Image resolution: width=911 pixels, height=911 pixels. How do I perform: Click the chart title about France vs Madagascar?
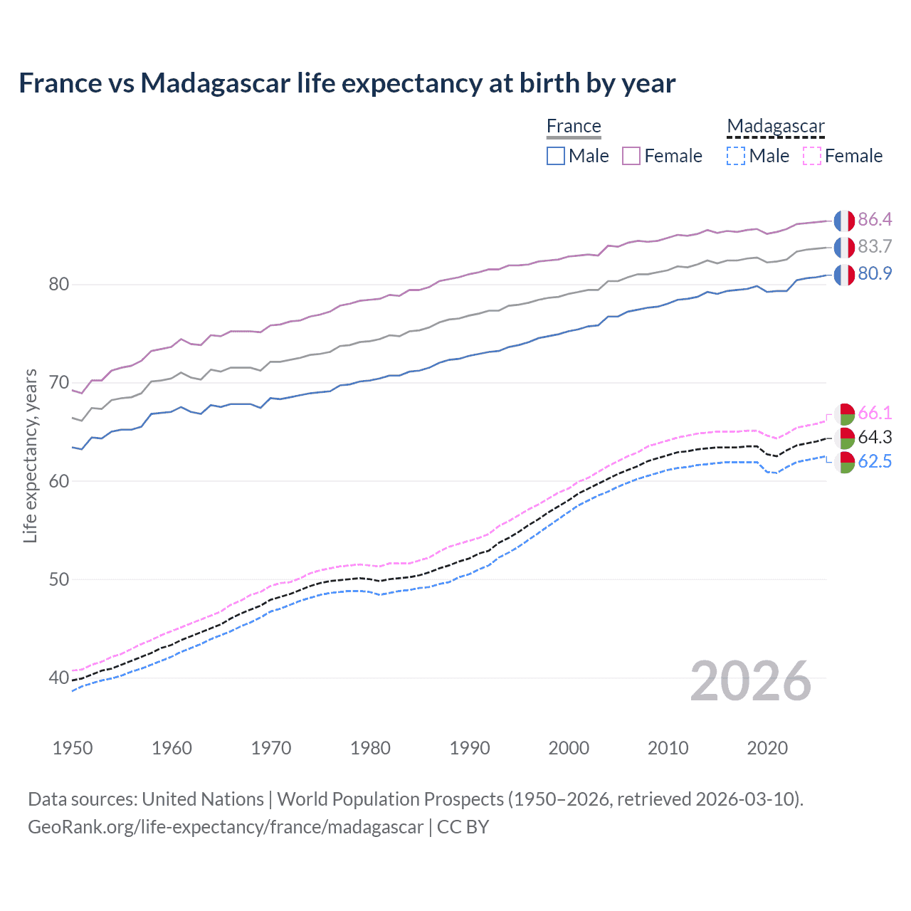[347, 83]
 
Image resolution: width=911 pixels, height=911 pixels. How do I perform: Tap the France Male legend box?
[556, 156]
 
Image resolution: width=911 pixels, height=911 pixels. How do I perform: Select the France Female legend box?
[631, 156]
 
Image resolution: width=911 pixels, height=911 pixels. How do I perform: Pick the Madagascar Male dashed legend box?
[736, 156]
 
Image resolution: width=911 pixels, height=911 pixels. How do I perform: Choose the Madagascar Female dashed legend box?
[811, 156]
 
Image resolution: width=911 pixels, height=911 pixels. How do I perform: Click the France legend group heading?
[574, 126]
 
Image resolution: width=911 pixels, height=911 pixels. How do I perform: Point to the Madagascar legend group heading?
[776, 126]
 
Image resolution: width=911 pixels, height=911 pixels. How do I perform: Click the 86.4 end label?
[875, 220]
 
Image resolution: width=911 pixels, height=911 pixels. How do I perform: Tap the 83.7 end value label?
[875, 247]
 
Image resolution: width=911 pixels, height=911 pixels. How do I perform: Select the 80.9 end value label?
[875, 274]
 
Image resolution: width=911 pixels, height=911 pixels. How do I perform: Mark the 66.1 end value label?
[875, 414]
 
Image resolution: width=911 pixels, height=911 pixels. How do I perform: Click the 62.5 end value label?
[875, 462]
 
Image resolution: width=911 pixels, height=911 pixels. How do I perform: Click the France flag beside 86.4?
[844, 221]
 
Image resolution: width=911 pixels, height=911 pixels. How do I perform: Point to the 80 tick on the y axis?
[58, 285]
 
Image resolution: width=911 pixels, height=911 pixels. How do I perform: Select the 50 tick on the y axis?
[58, 579]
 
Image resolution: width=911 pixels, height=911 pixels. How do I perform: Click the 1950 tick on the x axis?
[73, 748]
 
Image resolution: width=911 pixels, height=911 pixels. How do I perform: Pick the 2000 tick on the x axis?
[569, 748]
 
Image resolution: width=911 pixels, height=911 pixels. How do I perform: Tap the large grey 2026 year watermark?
[751, 681]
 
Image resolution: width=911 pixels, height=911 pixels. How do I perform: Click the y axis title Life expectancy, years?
[31, 455]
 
